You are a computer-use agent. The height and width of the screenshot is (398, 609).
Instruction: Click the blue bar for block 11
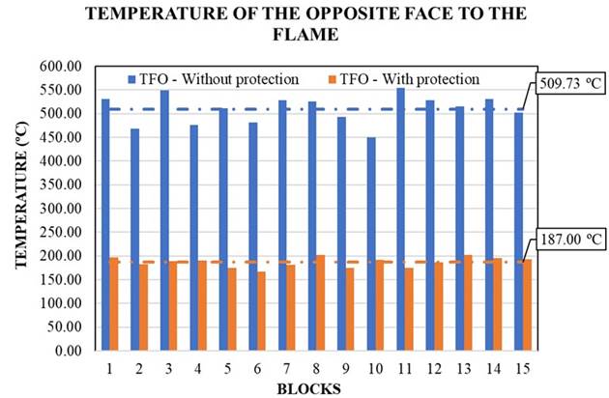coord(400,218)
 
